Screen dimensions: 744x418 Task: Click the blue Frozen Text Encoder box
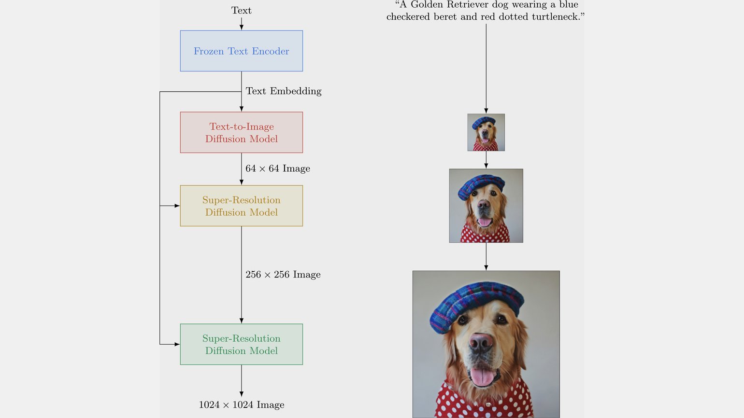pos(242,51)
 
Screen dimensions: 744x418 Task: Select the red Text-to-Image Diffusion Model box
pos(242,132)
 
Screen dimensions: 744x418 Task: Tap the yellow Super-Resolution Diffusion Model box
pos(242,206)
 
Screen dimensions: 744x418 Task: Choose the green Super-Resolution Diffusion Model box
pos(242,344)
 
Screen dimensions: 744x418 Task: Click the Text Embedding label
pos(284,91)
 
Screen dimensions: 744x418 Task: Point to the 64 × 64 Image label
pos(278,168)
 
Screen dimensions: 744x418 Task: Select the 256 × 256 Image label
pos(283,274)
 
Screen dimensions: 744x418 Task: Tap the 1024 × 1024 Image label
pos(242,405)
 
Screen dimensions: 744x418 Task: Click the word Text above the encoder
pos(242,11)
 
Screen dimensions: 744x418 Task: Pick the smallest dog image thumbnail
pos(486,132)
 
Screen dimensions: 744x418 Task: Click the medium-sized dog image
pos(486,206)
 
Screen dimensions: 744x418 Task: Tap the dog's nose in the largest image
pos(481,343)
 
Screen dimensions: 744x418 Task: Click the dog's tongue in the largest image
pos(483,377)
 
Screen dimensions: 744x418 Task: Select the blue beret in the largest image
pos(476,305)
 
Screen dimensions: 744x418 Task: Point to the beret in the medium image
pos(481,186)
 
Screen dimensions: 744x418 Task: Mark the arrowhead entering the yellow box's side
pos(177,206)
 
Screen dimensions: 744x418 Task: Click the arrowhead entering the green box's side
pos(177,344)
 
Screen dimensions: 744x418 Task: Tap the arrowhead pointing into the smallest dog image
pos(486,111)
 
